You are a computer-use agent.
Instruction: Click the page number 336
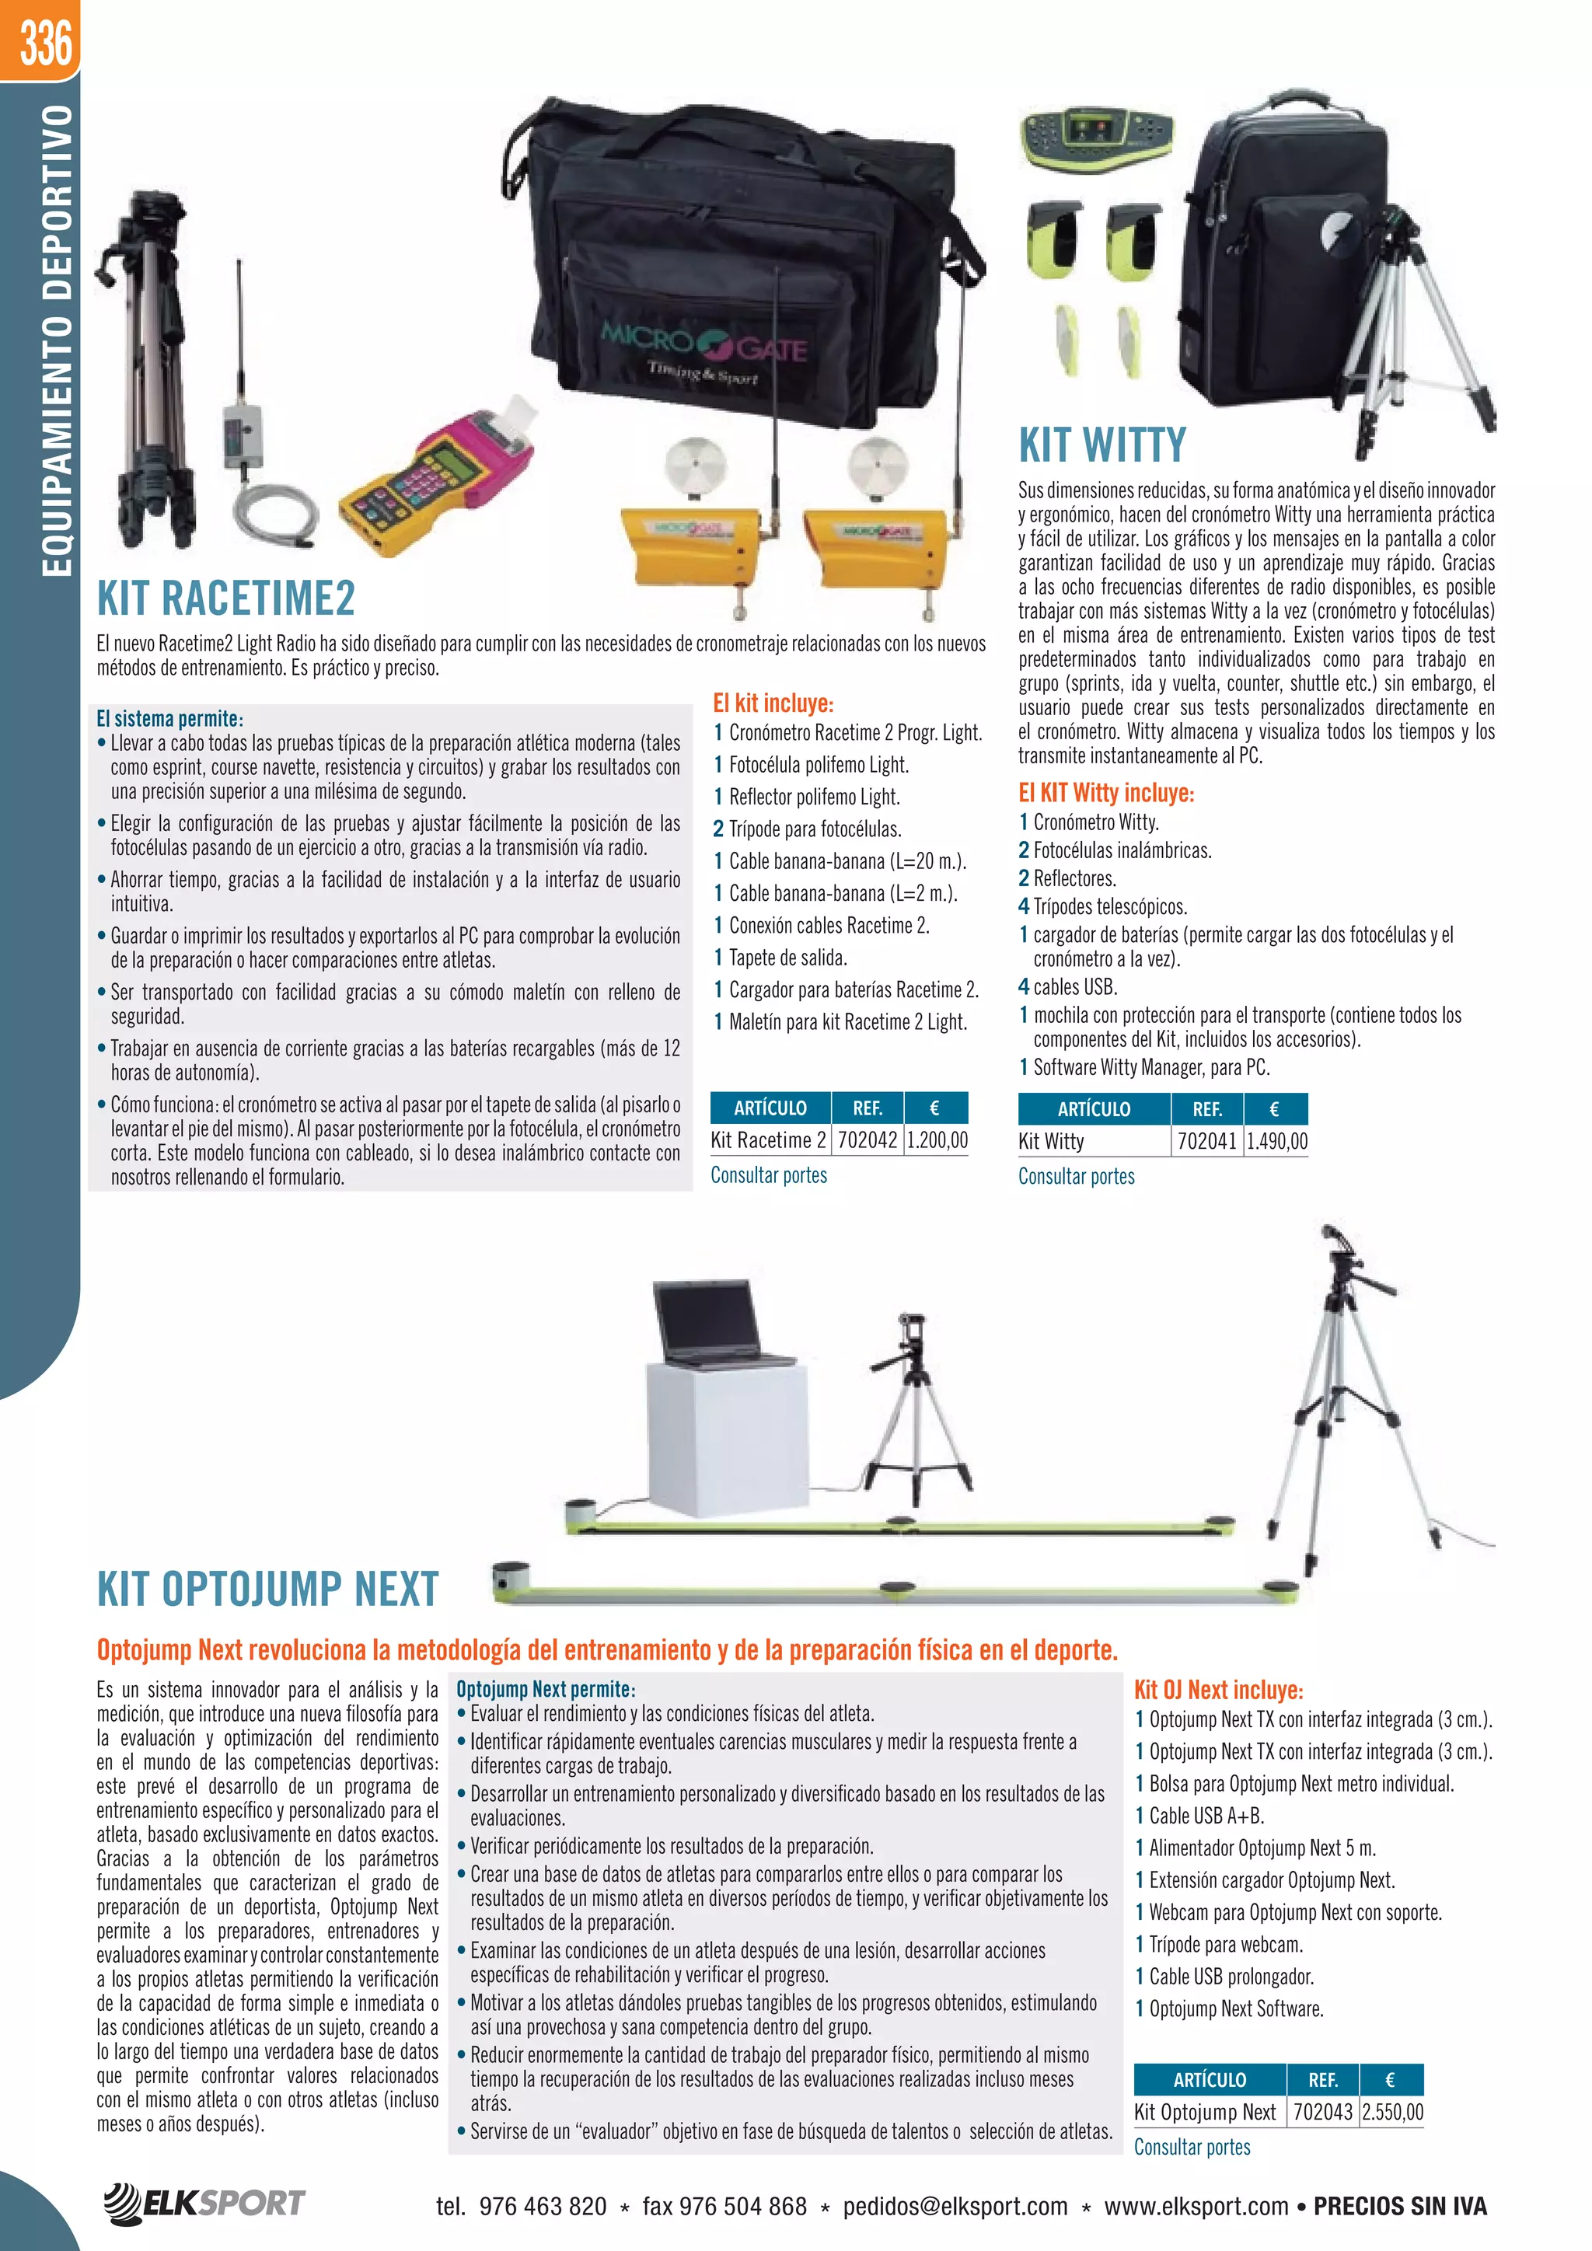coord(46,42)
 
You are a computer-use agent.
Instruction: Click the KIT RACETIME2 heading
coord(225,598)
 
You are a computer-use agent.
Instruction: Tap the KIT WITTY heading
coord(1101,445)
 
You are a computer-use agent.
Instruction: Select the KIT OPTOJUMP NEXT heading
coord(267,1588)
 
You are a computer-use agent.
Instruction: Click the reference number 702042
coord(867,1140)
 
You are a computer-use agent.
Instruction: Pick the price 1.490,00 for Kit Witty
coord(1276,1141)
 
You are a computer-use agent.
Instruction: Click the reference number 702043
coord(1322,2112)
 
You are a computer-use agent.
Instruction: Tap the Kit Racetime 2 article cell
coord(769,1140)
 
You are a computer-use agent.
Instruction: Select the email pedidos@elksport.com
coord(955,2206)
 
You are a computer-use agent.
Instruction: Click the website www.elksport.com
coord(1196,2206)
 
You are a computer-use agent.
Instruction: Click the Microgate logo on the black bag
coord(703,345)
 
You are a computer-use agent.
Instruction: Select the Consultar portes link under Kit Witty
coord(1075,1177)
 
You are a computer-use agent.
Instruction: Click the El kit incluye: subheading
coord(773,703)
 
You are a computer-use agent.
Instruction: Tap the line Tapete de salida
coord(787,958)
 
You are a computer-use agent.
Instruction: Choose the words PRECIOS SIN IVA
coord(1400,2206)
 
